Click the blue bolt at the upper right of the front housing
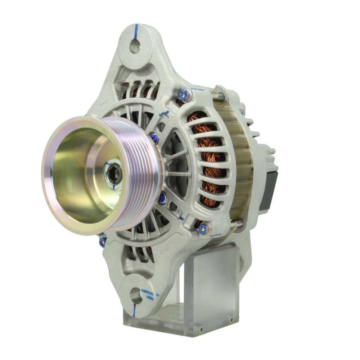[185, 95]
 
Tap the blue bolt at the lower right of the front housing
[203, 228]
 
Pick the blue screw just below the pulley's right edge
[162, 197]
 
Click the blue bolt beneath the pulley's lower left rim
[103, 240]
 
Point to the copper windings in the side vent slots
[207, 158]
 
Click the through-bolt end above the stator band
[221, 96]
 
